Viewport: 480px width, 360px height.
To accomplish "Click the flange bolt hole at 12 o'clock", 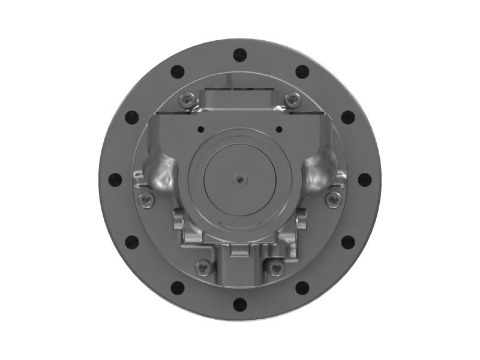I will pos(239,55).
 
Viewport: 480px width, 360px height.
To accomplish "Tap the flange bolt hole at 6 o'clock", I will pos(239,304).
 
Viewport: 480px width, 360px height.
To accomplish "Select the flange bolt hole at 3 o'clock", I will pos(364,179).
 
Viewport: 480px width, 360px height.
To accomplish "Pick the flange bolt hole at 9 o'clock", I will pos(115,179).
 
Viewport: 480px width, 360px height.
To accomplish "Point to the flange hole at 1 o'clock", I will pos(302,71).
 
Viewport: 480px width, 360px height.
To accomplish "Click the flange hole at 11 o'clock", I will pos(177,71).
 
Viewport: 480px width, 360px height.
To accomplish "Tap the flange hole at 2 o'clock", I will pos(347,117).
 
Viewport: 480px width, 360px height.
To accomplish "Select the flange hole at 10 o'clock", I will pos(131,117).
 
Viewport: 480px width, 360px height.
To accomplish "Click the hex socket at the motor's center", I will pos(239,179).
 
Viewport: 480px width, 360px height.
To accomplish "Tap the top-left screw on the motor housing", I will pos(190,100).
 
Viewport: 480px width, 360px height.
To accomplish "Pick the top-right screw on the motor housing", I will pos(292,100).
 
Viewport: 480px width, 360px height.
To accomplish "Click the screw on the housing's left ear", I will pos(145,198).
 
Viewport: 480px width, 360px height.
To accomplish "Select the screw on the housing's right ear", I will pos(335,198).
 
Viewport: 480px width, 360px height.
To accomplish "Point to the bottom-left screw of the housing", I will pos(203,266).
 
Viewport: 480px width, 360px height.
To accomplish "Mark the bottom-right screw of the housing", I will pos(275,266).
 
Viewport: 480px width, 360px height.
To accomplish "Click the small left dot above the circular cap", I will pos(200,128).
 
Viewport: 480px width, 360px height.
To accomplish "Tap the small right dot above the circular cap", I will pos(279,128).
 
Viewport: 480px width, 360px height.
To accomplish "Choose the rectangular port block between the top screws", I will pos(240,98).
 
